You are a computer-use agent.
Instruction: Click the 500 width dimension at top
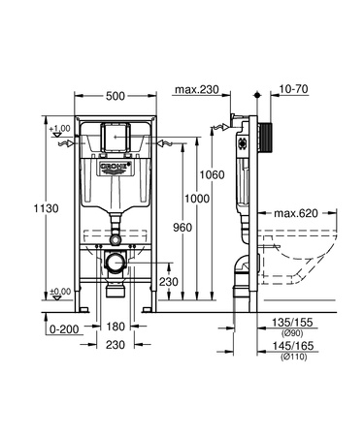pyautogui.click(x=115, y=97)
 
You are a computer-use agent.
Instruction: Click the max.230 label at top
pyautogui.click(x=197, y=92)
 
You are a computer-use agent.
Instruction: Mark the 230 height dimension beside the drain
pyautogui.click(x=168, y=282)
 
